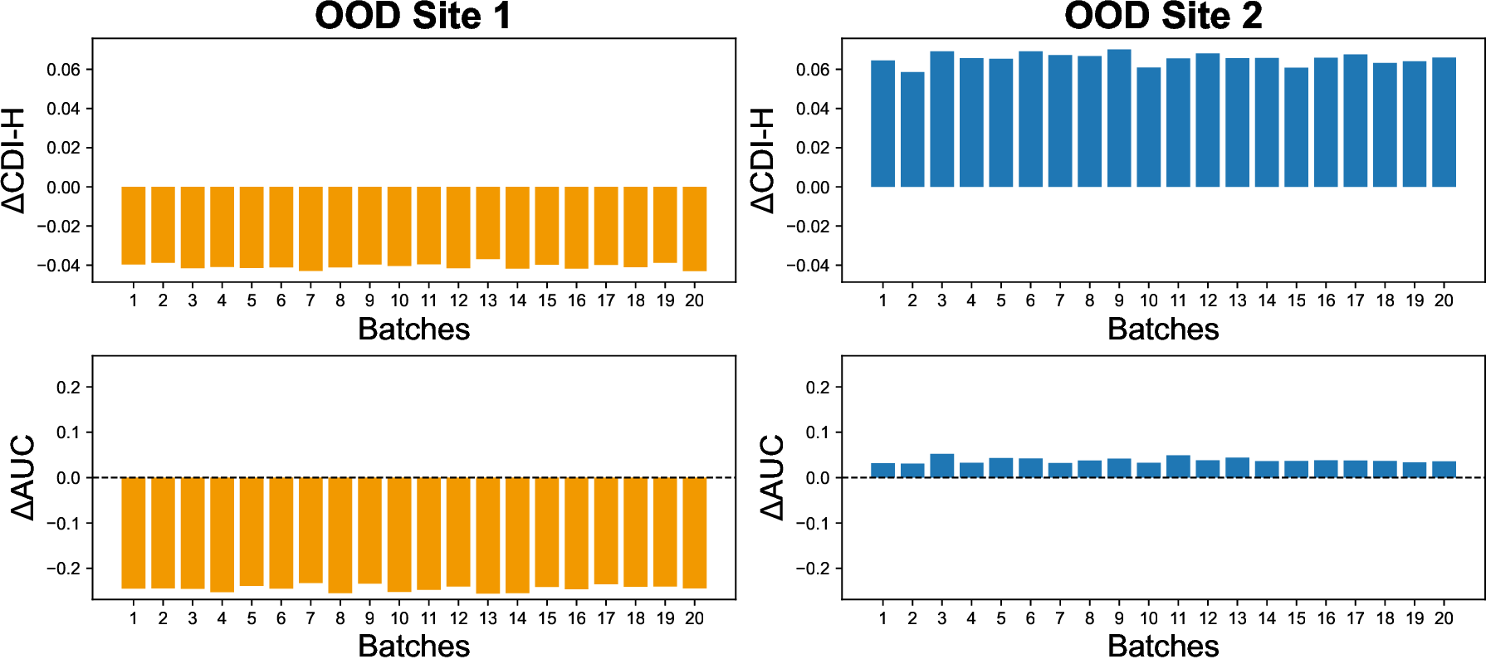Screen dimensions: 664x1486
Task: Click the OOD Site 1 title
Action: click(413, 17)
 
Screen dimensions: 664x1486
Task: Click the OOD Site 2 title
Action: click(1163, 17)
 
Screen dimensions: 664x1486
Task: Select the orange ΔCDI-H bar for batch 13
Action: click(488, 222)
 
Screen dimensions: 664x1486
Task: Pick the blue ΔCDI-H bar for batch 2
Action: click(912, 129)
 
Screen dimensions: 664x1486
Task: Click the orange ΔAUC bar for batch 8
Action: click(340, 535)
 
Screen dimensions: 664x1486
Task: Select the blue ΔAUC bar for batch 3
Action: click(942, 466)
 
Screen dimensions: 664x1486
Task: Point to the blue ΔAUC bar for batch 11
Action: click(1178, 466)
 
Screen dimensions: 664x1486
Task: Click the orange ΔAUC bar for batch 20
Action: click(695, 533)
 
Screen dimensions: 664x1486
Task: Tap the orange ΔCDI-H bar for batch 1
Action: click(134, 226)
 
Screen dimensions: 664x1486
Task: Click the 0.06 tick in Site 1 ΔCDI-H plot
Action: click(63, 70)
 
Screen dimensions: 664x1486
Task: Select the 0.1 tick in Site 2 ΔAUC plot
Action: click(818, 432)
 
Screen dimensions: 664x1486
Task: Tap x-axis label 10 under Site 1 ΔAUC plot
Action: click(399, 618)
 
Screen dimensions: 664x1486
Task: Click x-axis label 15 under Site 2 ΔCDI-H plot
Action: click(1297, 300)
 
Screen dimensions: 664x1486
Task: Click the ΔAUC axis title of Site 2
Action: click(771, 477)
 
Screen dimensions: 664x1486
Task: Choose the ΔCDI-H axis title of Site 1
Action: click(14, 160)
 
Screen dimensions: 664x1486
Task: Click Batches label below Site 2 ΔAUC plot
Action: click(1163, 646)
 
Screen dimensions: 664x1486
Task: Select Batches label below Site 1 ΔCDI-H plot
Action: click(413, 330)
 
